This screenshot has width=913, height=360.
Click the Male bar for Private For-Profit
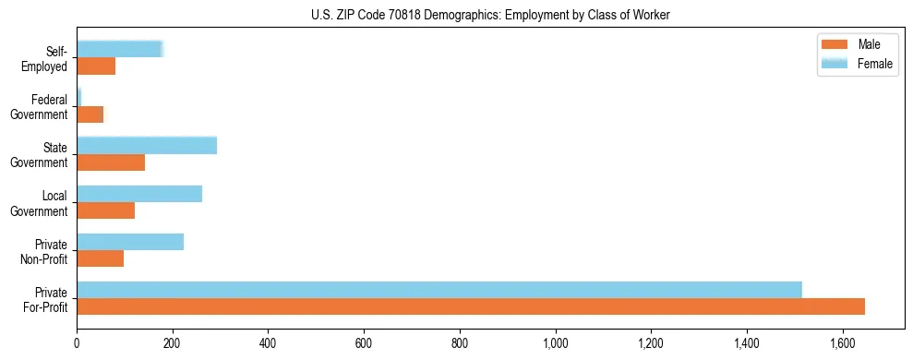point(471,306)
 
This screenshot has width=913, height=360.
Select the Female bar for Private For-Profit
point(439,290)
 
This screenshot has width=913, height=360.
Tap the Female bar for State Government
point(147,146)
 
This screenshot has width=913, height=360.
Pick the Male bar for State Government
point(111,162)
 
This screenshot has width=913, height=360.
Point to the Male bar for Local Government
point(106,210)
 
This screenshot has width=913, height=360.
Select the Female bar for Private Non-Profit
point(130,242)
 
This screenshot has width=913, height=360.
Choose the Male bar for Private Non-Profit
point(101,258)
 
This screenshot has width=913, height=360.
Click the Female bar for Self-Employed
point(120,50)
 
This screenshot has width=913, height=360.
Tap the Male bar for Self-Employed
point(96,66)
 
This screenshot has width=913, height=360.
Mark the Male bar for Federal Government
point(90,114)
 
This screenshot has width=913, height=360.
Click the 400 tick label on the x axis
point(268,343)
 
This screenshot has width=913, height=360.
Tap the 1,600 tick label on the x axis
point(843,343)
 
